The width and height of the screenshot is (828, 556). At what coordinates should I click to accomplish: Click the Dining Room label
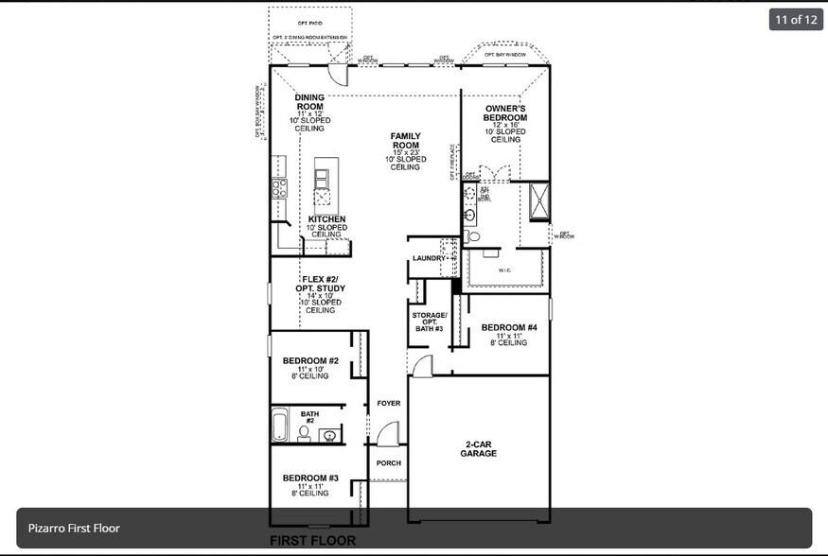309,101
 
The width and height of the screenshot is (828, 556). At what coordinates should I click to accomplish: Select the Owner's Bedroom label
505,113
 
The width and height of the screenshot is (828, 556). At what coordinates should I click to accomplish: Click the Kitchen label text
326,219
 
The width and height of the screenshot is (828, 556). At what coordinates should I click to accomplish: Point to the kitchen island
324,182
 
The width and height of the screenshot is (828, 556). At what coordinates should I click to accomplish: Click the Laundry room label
429,258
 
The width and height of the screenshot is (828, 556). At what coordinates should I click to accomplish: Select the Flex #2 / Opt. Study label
323,284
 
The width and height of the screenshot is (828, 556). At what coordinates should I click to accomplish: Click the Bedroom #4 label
509,328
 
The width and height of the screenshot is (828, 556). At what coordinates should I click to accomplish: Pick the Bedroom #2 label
310,360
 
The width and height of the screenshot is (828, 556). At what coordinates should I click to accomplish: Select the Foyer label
389,403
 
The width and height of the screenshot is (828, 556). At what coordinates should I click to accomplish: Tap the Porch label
389,463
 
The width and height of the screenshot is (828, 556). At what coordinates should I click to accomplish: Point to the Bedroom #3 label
310,478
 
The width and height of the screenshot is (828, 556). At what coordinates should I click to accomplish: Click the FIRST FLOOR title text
312,541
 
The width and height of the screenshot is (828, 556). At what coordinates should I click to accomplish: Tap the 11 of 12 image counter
796,19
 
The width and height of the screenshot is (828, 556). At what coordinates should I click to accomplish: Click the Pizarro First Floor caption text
74,528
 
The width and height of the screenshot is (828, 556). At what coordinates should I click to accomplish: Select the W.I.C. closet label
505,270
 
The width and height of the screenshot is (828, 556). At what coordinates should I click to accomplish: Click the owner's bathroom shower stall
539,200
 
